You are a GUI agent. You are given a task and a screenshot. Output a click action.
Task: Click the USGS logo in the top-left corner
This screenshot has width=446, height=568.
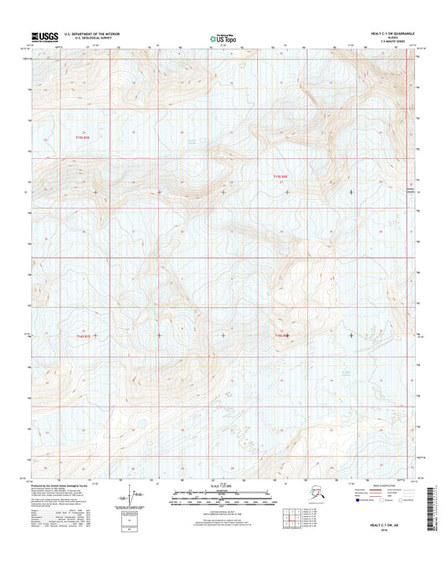click(x=44, y=36)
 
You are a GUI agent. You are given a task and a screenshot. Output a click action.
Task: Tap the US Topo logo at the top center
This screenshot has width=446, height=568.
click(x=223, y=38)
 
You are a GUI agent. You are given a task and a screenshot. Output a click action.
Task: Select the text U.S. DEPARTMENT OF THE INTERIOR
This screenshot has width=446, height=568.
click(x=99, y=33)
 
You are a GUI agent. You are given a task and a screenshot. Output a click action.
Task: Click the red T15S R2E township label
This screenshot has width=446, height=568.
click(x=285, y=177)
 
